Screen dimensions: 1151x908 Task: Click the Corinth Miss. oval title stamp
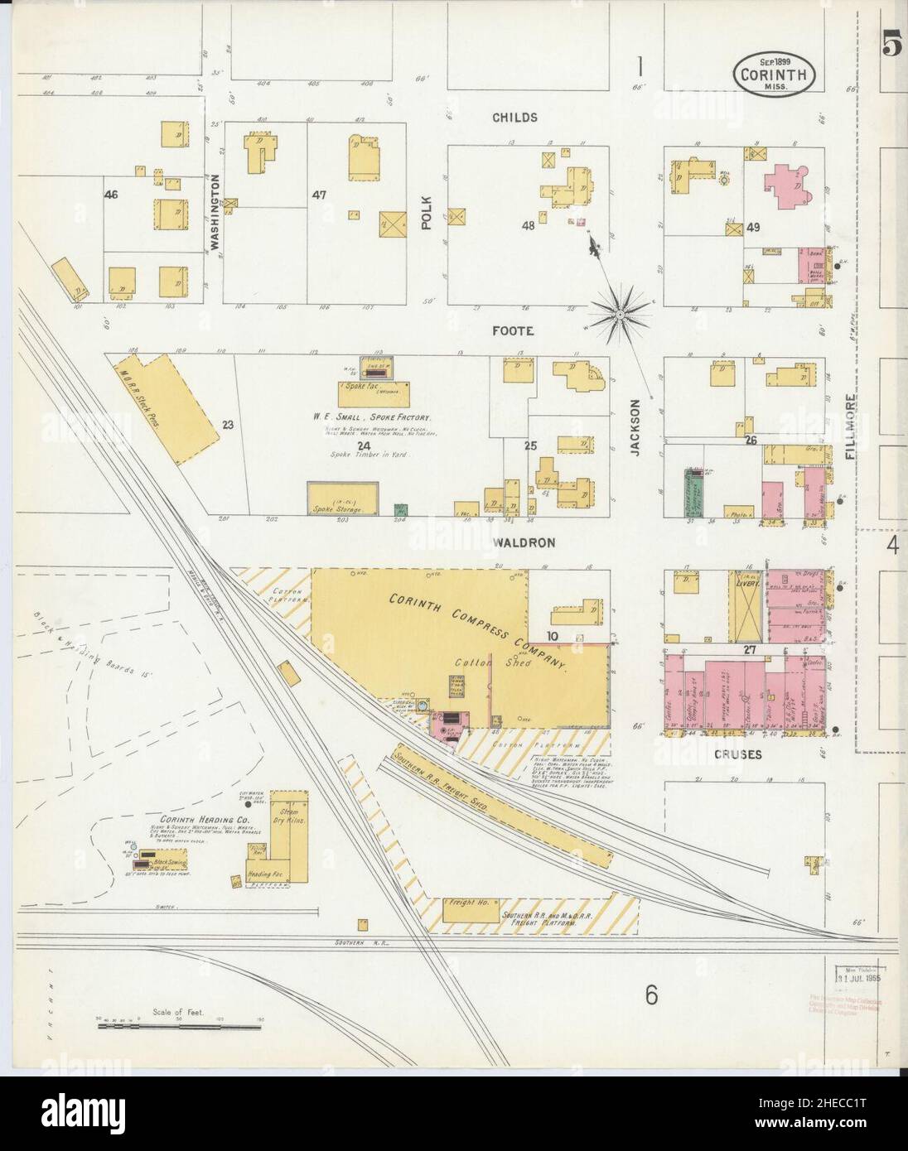[775, 75]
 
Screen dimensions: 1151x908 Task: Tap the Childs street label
[514, 118]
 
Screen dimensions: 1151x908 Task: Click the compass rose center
[620, 315]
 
